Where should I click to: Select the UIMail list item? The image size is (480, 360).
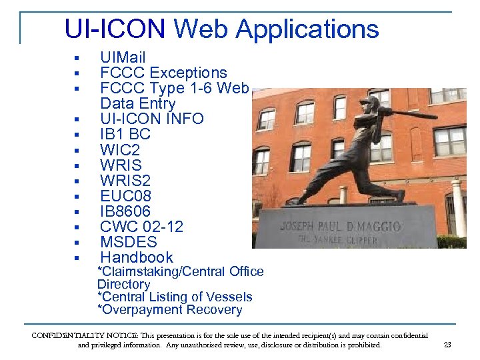pos(123,58)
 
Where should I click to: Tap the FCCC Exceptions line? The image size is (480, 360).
pos(163,73)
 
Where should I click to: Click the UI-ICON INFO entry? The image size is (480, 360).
pos(152,119)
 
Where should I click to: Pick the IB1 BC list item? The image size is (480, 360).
pos(125,135)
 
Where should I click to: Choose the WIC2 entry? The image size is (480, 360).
pos(120,150)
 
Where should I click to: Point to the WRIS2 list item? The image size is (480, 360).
pos(125,181)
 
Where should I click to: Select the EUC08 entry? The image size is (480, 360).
pos(126,196)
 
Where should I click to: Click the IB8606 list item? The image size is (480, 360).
pos(125,211)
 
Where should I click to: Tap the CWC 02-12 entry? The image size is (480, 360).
pos(141,227)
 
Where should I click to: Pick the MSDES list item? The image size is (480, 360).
pos(129,242)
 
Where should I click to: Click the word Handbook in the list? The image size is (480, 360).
pos(137,257)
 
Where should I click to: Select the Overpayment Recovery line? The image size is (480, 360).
pos(169,310)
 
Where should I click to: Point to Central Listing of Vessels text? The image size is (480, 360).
pos(175,297)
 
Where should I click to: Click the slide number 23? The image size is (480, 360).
pos(447,345)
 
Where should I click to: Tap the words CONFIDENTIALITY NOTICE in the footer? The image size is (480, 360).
pos(73,336)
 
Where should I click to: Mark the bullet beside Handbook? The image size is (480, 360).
pos(77,258)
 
